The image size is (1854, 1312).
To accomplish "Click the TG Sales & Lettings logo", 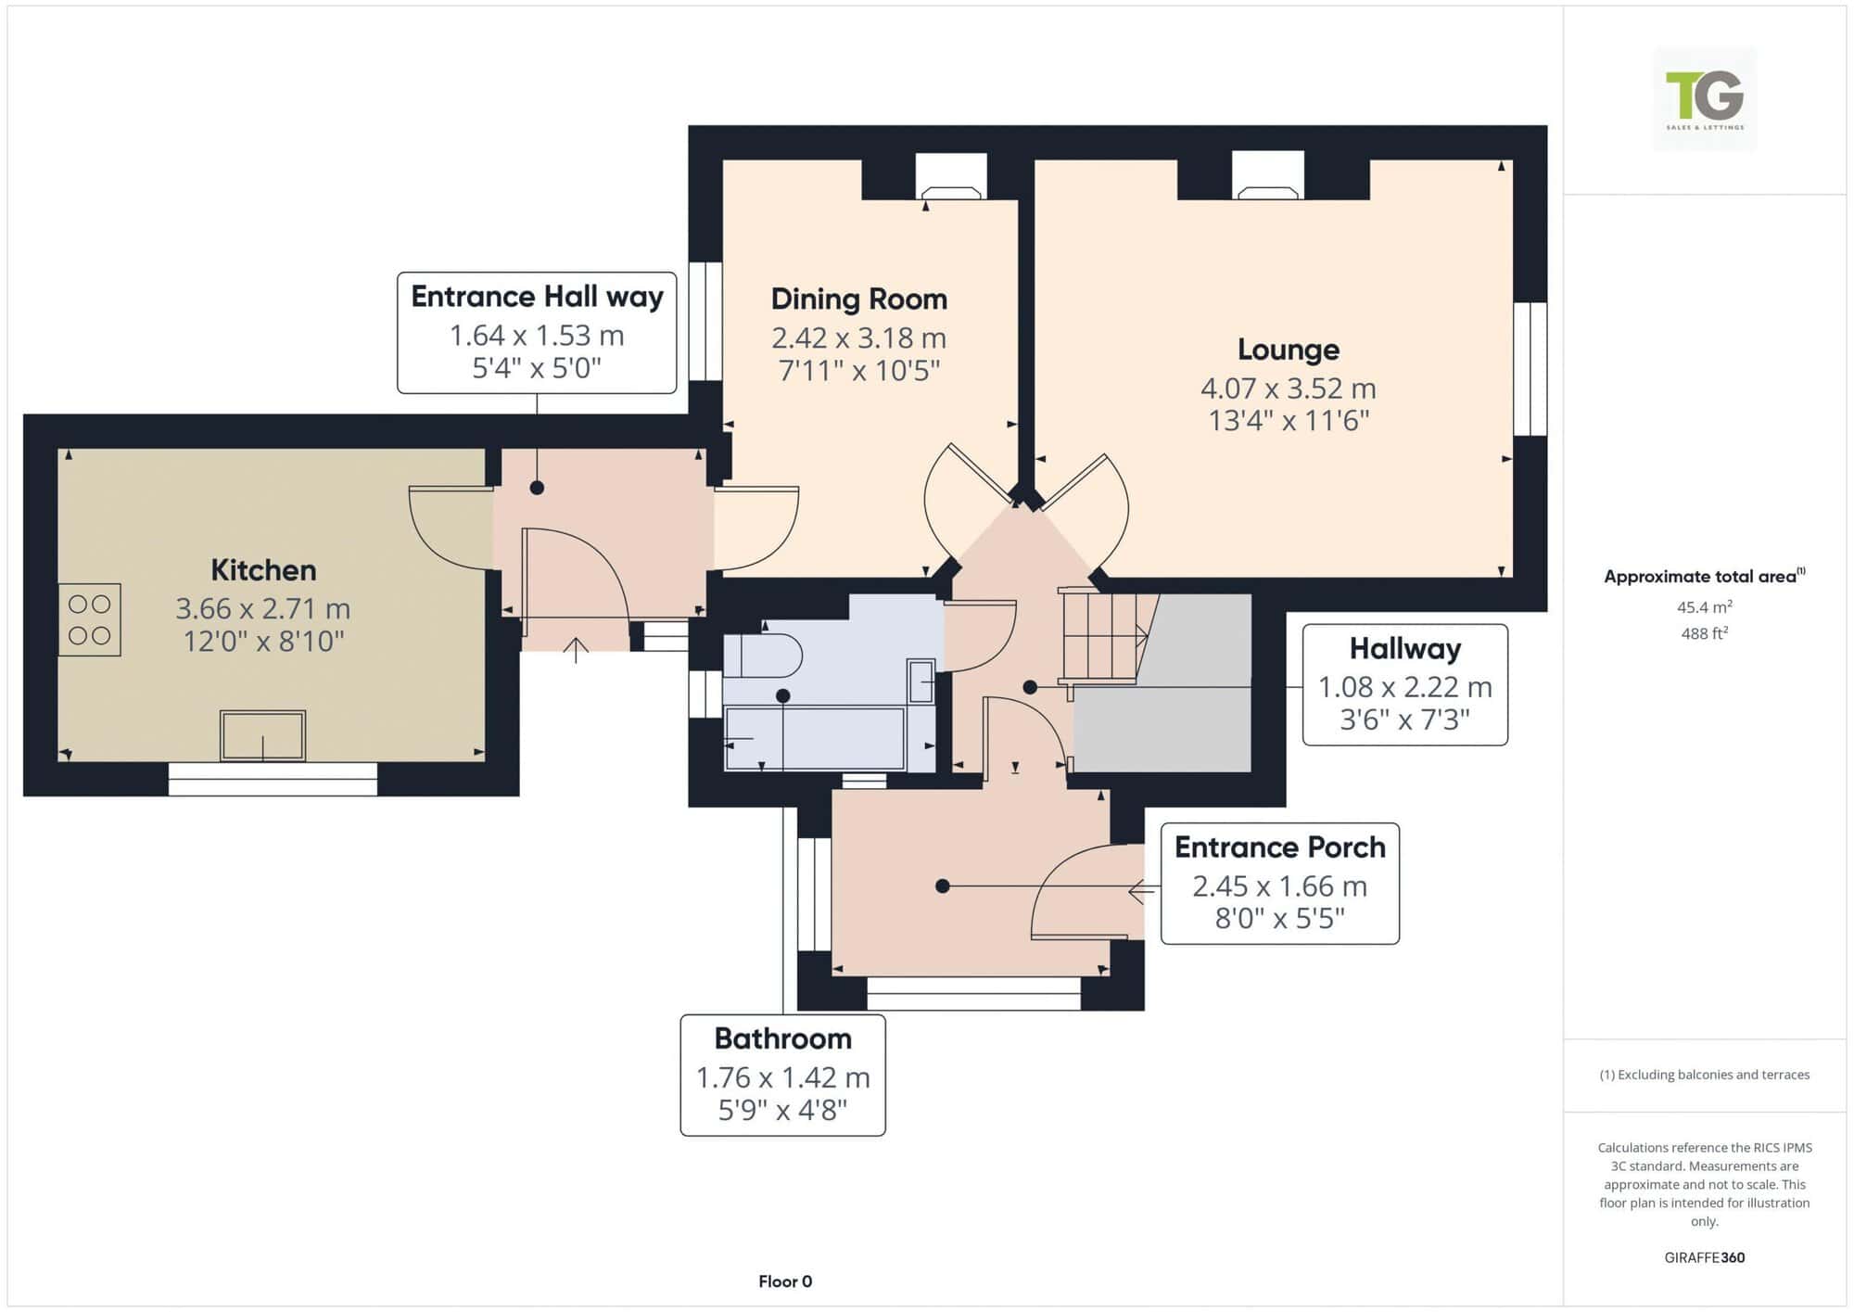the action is pos(1705,99).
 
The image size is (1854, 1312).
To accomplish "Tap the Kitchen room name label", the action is pos(263,569).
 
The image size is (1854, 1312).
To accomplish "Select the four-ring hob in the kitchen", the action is pos(90,619).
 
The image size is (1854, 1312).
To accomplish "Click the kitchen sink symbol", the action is pos(262,736).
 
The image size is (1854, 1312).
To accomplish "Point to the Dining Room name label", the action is pos(859,299).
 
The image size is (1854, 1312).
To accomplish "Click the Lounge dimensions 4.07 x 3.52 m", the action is pos(1289,388).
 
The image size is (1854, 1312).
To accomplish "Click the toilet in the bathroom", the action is pos(762,656).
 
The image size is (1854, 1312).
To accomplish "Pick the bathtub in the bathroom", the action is pos(815,739).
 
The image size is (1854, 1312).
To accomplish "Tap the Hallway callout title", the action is pos(1405,648).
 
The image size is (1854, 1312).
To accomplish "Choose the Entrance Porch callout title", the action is pos(1280,847).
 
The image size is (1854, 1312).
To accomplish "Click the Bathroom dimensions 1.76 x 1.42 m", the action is pos(783,1077).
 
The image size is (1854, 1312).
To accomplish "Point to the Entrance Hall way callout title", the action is pos(538,296).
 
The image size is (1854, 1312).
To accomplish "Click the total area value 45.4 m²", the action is pos(1705,606).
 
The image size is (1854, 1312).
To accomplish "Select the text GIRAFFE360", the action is pos(1705,1257).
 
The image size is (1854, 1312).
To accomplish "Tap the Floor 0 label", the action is pos(785,1281).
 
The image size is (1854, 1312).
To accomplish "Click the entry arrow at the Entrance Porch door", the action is pos(1141,892).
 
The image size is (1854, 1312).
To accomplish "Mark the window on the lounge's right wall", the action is pos(1530,369).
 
